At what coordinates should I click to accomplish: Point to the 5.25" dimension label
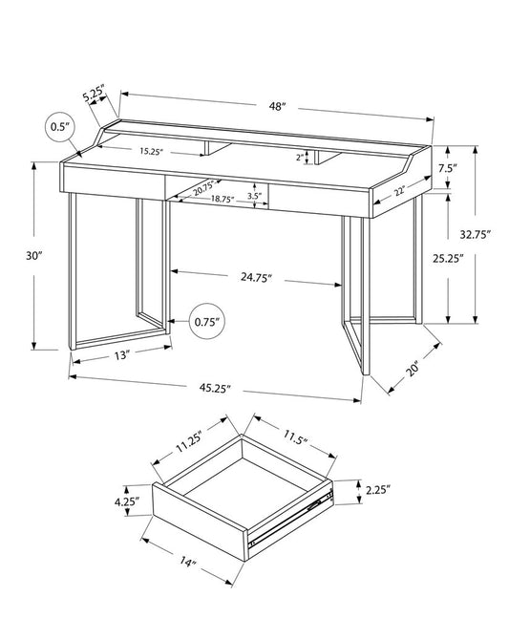[x=93, y=96]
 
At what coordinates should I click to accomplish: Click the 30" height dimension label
[x=35, y=256]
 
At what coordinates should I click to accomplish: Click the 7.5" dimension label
[x=448, y=168]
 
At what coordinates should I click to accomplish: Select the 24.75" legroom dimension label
[x=256, y=278]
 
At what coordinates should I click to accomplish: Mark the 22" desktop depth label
[x=397, y=192]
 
